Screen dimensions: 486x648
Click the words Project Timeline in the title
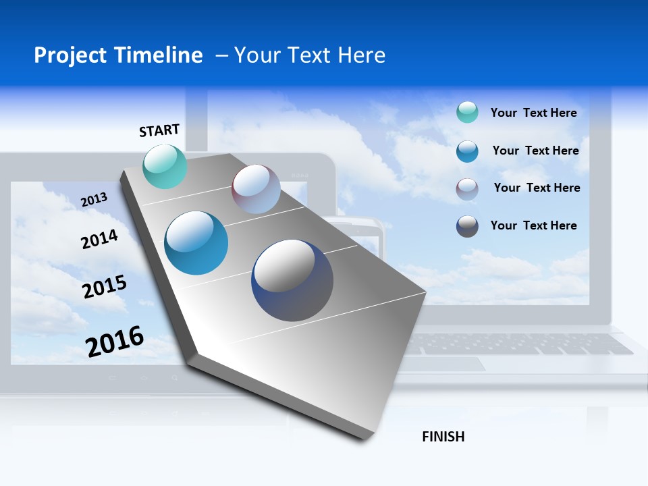coord(118,55)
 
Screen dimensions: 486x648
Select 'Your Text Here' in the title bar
coord(310,55)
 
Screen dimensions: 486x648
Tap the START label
coord(159,130)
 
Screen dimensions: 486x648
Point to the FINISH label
coord(443,437)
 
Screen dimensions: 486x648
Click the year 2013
coord(94,200)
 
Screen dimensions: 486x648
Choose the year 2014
coord(99,239)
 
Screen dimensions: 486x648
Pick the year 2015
coord(105,287)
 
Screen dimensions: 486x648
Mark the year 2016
coord(115,342)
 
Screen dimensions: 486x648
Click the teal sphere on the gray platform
coord(165,166)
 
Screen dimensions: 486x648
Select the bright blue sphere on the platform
coord(196,243)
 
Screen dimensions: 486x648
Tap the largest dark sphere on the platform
coord(292,280)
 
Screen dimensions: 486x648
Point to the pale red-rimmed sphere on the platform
coord(256,189)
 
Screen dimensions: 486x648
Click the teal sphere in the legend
coord(467,113)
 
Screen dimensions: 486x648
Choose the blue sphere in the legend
coord(467,151)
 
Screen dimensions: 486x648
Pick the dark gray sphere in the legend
coord(467,226)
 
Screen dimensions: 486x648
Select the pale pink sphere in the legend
coord(467,189)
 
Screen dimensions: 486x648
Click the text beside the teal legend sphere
coord(534,113)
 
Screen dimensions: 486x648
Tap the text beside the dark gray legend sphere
coord(534,225)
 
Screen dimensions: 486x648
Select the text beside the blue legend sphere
coord(536,151)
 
